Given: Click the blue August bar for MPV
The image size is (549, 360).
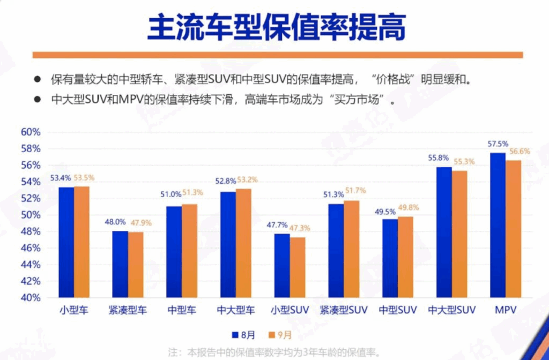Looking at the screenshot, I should tap(498, 225).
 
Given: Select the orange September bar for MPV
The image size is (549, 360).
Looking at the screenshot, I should tap(513, 229).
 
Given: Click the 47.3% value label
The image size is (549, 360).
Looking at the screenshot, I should tap(299, 228).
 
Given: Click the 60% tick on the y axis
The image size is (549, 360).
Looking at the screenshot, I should tap(31, 132).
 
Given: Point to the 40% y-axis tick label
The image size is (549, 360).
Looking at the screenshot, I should tap(31, 297).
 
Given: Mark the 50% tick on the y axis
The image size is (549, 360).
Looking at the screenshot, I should tap(31, 215).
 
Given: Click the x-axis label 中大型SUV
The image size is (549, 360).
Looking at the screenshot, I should tap(452, 310).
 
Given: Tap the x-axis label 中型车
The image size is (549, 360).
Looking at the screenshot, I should tap(182, 310).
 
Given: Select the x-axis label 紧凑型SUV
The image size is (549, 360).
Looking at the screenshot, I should tap(344, 310).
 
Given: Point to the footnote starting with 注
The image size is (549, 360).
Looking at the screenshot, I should tap(274, 352).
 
